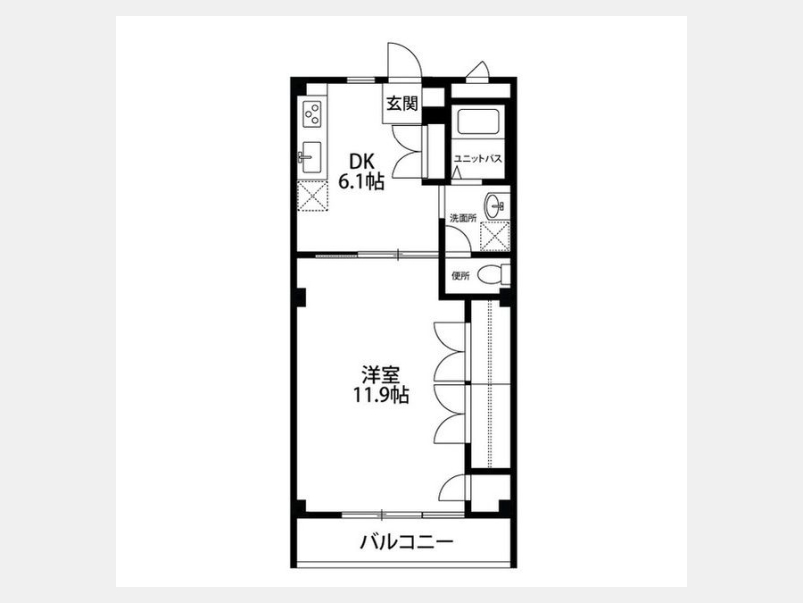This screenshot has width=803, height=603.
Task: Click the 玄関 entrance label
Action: [x=402, y=104]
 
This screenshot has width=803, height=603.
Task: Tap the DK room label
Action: [x=361, y=163]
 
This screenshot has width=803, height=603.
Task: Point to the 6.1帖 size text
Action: [x=361, y=181]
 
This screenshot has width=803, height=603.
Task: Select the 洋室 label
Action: [x=380, y=375]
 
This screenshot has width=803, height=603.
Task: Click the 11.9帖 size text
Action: [x=380, y=395]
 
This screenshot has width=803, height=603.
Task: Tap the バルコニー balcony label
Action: [x=407, y=542]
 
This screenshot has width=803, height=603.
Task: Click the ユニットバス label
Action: [x=478, y=159]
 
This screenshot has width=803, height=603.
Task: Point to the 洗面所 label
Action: [x=463, y=218]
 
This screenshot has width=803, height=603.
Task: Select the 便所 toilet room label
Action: [x=460, y=276]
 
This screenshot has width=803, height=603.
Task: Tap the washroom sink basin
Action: [x=494, y=206]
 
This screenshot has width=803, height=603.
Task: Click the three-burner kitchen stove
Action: [x=312, y=114]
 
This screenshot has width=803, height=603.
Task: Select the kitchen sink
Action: [x=310, y=157]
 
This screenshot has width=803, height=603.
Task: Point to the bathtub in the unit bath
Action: [x=477, y=121]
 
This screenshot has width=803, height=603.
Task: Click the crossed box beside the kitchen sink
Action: [x=312, y=196]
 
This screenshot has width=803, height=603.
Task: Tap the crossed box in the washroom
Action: [x=494, y=236]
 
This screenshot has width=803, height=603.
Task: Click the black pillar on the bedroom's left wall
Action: [x=302, y=297]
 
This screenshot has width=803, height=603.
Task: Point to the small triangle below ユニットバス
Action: [x=457, y=173]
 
